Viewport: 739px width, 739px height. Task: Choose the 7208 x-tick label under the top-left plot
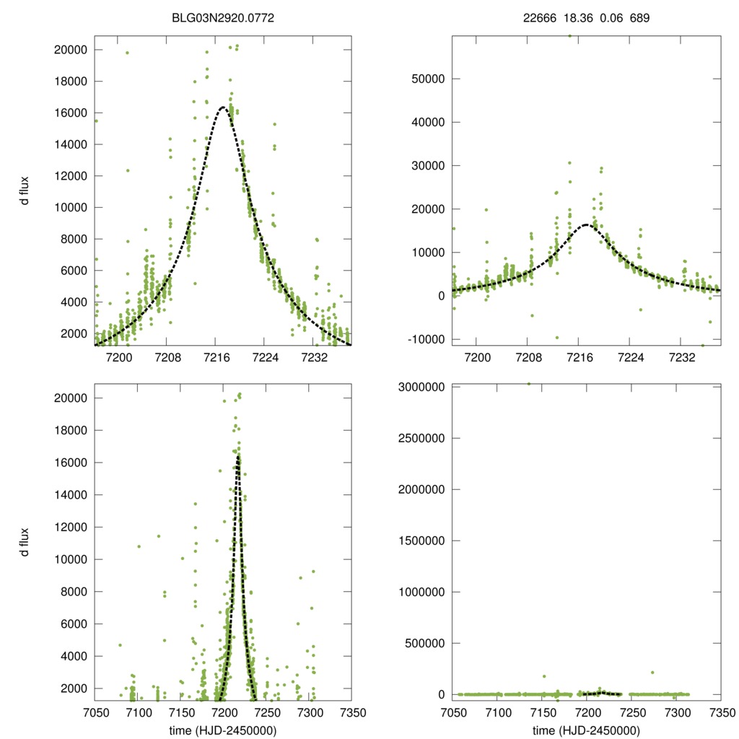[x=167, y=357]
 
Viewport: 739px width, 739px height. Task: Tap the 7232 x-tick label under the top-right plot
[x=682, y=357]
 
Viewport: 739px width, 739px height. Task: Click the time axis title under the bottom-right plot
[x=586, y=730]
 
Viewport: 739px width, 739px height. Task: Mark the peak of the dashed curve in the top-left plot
[x=223, y=107]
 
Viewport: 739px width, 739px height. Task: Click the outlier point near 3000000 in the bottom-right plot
[x=529, y=384]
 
